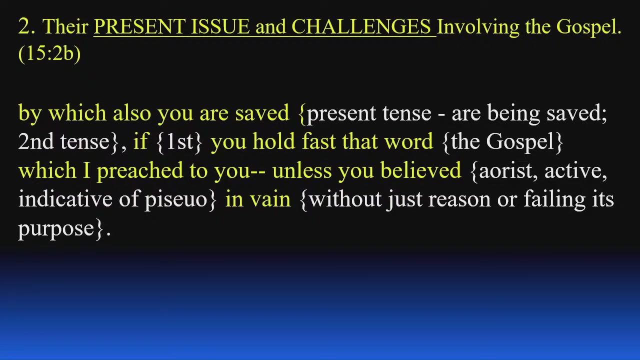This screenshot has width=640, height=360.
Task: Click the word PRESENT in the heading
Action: pyautogui.click(x=140, y=26)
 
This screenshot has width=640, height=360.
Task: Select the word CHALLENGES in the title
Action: pyautogui.click(x=361, y=26)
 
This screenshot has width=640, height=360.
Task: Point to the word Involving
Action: pyautogui.click(x=478, y=27)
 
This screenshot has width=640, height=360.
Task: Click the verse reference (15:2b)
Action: pyautogui.click(x=49, y=53)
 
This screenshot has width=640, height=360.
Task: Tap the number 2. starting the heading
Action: pyautogui.click(x=27, y=26)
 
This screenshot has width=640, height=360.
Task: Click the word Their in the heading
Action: pyautogui.click(x=65, y=26)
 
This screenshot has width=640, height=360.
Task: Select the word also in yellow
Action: pyautogui.click(x=131, y=113)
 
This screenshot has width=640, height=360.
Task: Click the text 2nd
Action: pyautogui.click(x=35, y=141)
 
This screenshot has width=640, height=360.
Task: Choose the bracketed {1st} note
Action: pyautogui.click(x=179, y=142)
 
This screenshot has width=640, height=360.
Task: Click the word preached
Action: pyautogui.click(x=140, y=171)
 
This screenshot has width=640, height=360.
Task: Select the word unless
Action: pyautogui.click(x=302, y=170)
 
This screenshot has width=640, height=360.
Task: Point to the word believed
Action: pyautogui.click(x=421, y=170)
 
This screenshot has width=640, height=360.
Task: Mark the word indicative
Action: pyautogui.click(x=65, y=199)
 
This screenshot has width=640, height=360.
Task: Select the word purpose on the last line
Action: pyautogui.click(x=56, y=229)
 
